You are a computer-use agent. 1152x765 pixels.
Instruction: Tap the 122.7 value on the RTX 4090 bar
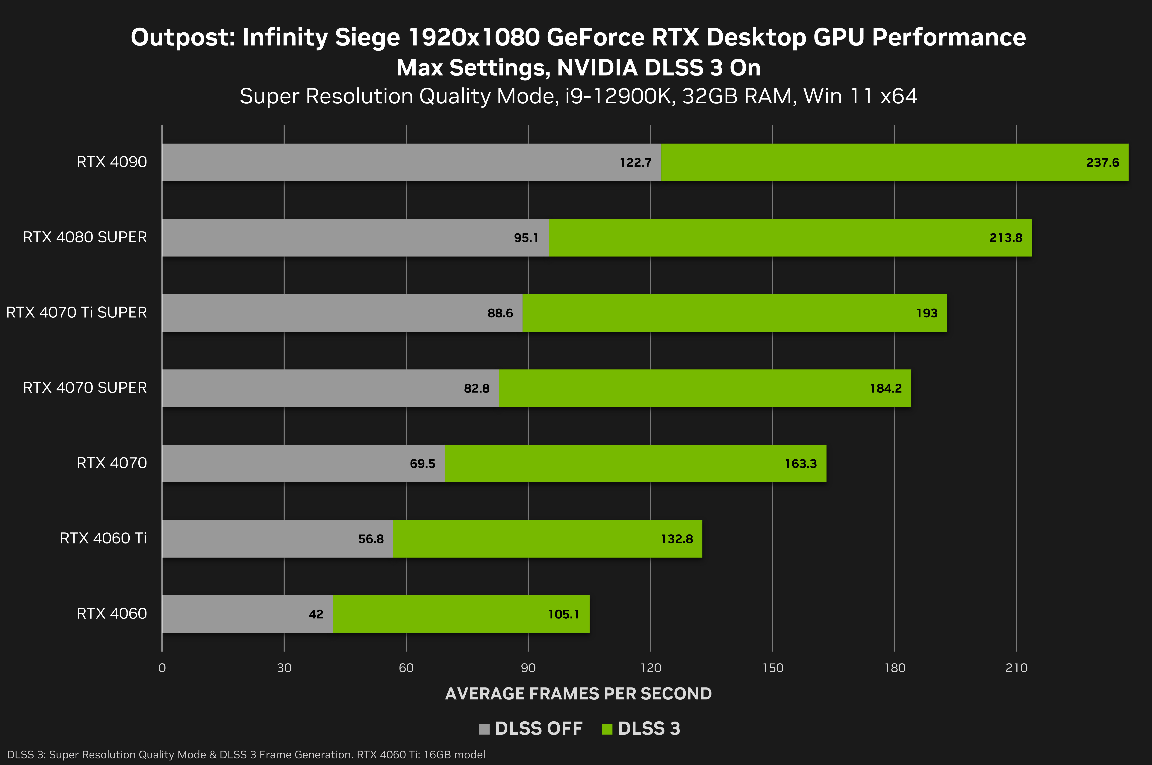635,163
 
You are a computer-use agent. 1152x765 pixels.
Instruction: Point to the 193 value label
927,313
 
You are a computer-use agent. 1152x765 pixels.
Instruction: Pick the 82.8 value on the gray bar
476,388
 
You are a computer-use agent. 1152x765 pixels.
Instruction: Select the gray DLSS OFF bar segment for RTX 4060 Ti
259,539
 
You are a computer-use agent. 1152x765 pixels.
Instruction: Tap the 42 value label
316,614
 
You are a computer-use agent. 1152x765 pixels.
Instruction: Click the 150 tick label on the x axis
772,668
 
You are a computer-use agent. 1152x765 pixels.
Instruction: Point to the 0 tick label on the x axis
162,668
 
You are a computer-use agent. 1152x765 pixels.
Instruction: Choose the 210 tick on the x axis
1016,668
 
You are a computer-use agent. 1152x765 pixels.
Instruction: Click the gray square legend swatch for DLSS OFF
484,729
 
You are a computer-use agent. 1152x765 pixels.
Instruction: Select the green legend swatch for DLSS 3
607,729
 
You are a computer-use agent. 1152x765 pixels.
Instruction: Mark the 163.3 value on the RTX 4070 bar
800,463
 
